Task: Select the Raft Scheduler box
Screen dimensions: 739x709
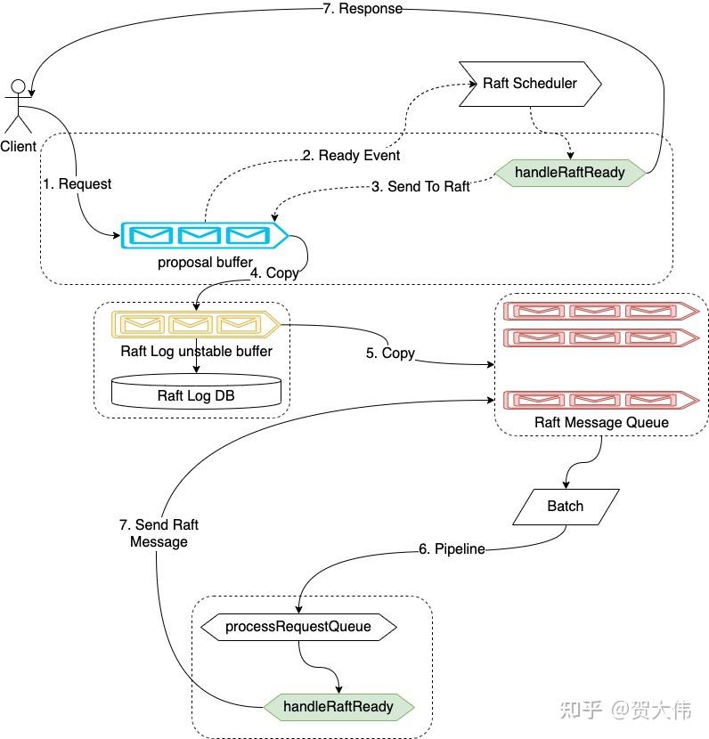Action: tap(530, 84)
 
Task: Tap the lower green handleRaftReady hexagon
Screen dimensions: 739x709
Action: tap(338, 707)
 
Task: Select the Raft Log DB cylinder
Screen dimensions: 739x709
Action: tap(196, 393)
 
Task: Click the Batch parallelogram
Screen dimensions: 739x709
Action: tap(565, 507)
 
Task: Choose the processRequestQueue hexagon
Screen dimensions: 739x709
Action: tap(297, 627)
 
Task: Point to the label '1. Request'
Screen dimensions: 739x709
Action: tap(77, 183)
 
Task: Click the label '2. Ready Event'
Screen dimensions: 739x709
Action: tap(351, 156)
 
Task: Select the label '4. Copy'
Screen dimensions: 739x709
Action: tap(274, 273)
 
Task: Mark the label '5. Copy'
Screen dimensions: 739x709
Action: tap(390, 353)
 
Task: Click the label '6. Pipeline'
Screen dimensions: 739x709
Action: tap(452, 549)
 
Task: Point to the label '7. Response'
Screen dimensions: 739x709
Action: tap(362, 9)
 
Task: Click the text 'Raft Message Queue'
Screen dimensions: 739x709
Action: tap(601, 422)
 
